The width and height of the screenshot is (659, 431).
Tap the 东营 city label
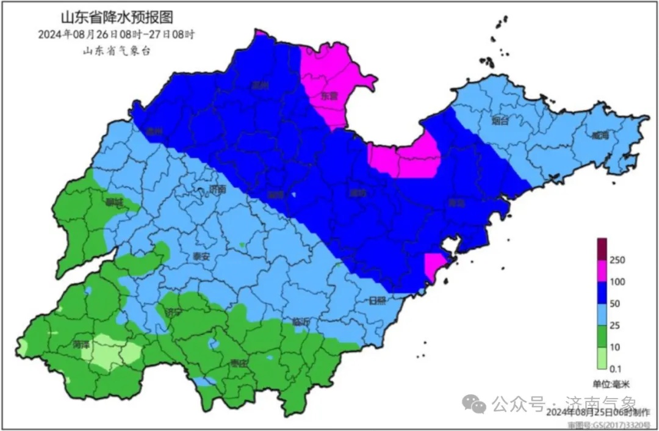point(329,96)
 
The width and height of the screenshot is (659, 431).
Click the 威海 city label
point(600,136)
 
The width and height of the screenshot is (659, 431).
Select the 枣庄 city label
point(239,363)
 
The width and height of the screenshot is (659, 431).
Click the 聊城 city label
point(114,203)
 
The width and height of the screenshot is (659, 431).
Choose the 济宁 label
point(173,313)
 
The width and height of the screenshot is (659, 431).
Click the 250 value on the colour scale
point(618,261)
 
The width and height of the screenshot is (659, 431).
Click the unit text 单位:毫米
point(611,383)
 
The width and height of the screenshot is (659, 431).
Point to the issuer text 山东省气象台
point(116,51)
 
